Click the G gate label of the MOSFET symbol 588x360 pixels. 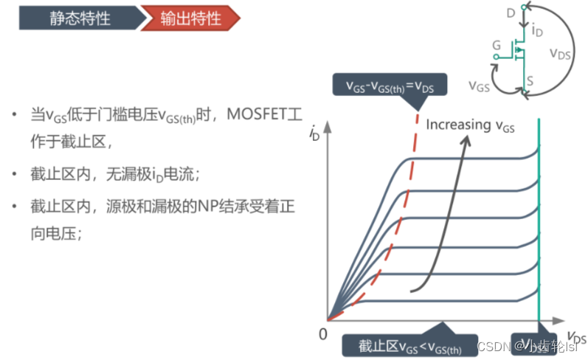click(x=497, y=46)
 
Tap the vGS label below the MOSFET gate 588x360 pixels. click(x=480, y=86)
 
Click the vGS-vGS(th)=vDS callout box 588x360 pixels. click(x=387, y=85)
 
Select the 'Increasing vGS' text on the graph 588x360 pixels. click(x=470, y=125)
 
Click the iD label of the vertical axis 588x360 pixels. click(x=316, y=135)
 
